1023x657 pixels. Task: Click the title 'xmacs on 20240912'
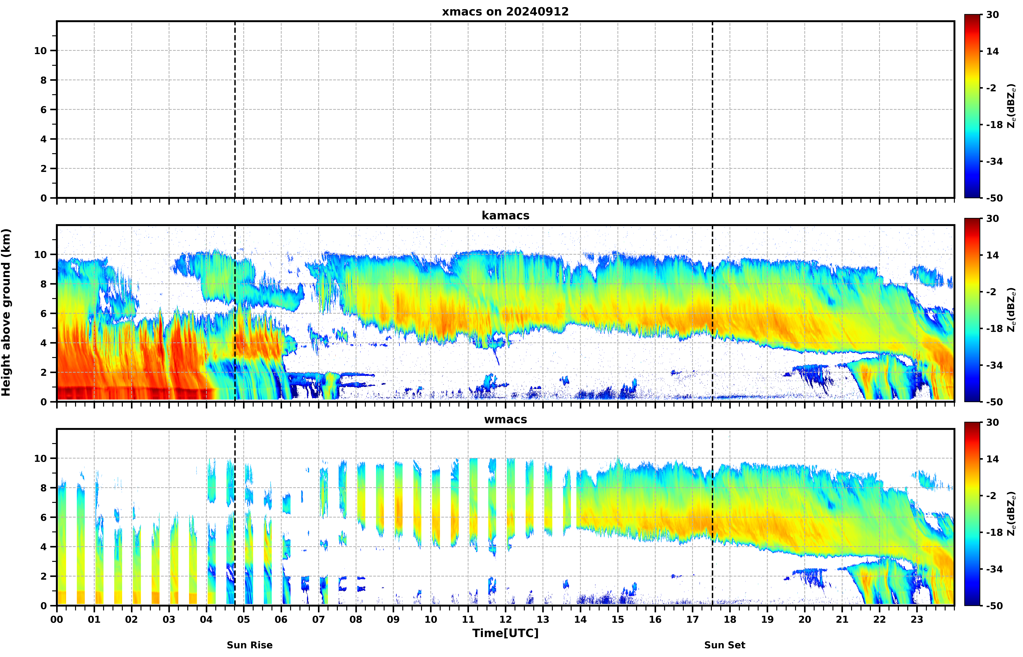coord(505,12)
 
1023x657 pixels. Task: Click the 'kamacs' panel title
coord(505,215)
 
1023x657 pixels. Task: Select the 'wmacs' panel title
coord(505,419)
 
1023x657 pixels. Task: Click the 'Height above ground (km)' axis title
coord(6,312)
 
